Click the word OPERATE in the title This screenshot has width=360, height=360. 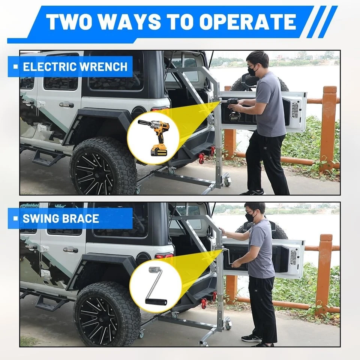click(x=247, y=22)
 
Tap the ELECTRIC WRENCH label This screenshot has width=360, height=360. click(x=75, y=67)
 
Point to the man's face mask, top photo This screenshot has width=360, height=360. click(x=252, y=70)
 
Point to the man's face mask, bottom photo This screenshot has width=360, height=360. click(x=250, y=217)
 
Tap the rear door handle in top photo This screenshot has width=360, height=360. click(x=66, y=105)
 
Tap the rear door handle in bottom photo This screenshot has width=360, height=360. click(x=70, y=250)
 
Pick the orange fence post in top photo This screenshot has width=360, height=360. click(x=328, y=127)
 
